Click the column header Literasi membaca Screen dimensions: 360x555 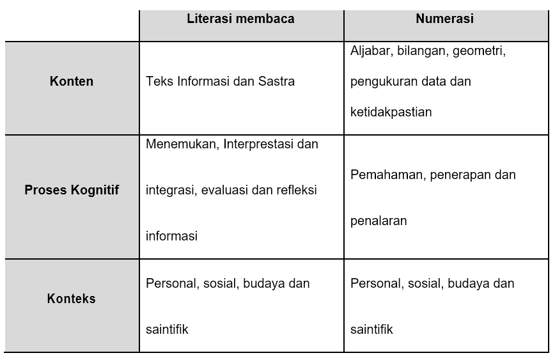(240, 19)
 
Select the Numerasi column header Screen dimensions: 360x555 (444, 19)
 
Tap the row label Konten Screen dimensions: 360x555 (72, 81)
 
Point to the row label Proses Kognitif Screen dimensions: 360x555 (72, 190)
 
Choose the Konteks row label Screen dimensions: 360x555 (72, 299)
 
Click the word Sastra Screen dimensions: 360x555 (277, 81)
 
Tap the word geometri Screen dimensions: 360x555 (479, 51)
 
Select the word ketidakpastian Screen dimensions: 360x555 (391, 112)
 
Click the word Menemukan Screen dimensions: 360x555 (182, 144)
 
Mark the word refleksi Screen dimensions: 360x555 (293, 190)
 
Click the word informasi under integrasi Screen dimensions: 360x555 (171, 236)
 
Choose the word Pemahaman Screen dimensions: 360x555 (386, 175)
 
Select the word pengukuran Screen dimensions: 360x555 (382, 81)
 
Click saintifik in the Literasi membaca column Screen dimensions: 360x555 (167, 330)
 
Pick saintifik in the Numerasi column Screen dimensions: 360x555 (371, 330)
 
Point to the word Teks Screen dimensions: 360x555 (157, 81)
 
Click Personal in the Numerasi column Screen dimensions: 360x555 (373, 283)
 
